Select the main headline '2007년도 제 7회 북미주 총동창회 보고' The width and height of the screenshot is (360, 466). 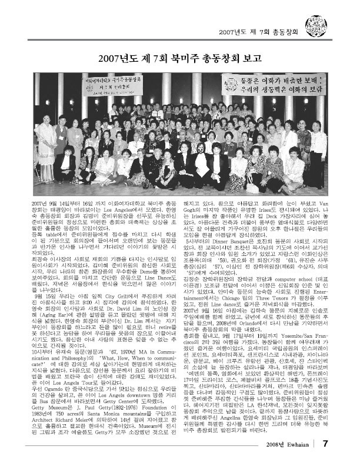180,58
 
